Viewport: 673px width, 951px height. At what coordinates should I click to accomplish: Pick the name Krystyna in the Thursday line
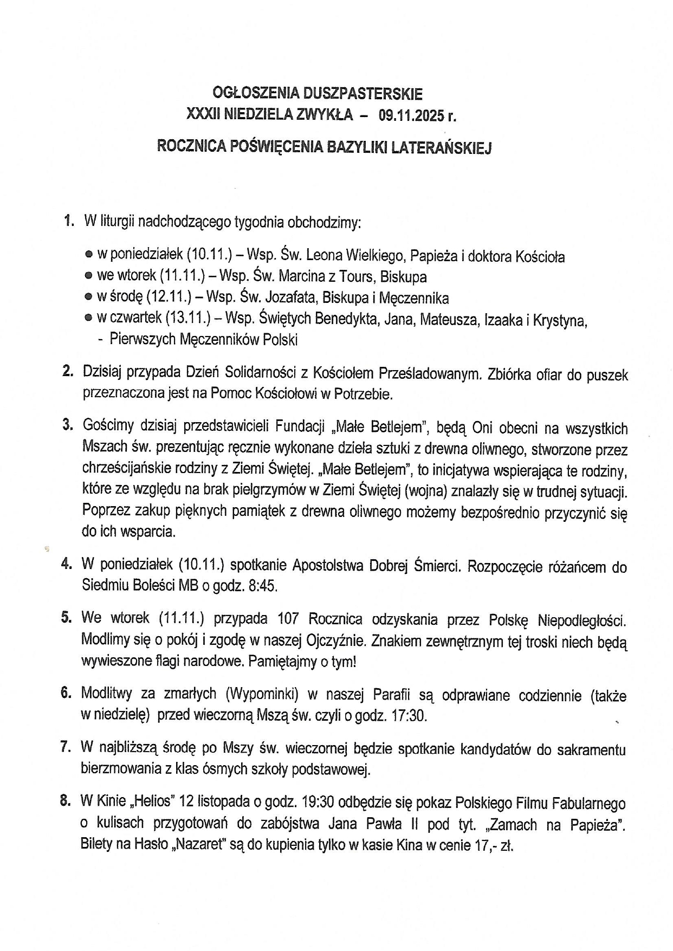[560, 320]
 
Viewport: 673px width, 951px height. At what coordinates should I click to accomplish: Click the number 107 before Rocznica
[288, 619]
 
